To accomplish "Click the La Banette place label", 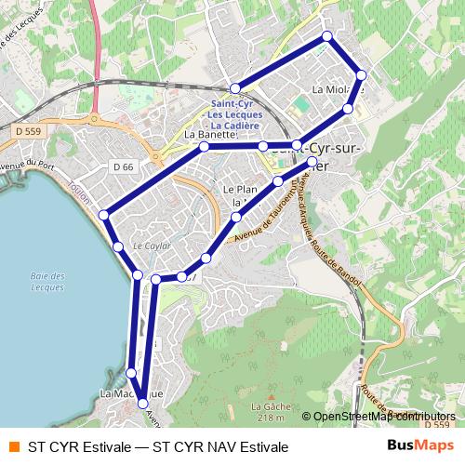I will pos(209,135).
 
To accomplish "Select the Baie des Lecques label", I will pos(46,282).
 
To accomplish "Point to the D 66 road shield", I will pos(124,166).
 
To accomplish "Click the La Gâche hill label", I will pos(267,406).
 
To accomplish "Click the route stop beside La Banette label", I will pos(204,147).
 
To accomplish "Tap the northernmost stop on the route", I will pos(327,36).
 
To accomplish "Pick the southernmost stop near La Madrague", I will pos(142,403).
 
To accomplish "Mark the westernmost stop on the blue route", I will pos(104,216).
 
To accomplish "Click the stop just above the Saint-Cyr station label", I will pos(235,88).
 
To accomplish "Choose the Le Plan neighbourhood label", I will pos(240,189).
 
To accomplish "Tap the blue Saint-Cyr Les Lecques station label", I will pos(237,114).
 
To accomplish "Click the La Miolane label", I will pos(335,90).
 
